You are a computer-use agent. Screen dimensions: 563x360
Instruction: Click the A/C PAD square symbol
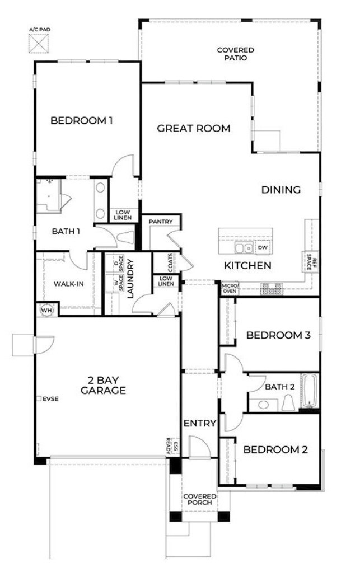pos(39,43)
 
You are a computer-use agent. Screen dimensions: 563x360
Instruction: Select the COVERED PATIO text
pos(232,54)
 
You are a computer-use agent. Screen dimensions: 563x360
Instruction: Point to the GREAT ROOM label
pos(193,129)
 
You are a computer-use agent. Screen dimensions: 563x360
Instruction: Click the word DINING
pos(281,190)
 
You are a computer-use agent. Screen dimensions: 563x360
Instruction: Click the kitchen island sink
pos(243,247)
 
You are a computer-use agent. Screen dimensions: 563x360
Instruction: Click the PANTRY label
pos(161,222)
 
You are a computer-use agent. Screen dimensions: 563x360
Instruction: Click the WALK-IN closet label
pos(69,284)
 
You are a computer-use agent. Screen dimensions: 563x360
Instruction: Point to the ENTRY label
pos(199,423)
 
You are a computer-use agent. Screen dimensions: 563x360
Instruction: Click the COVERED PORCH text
pos(200,499)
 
